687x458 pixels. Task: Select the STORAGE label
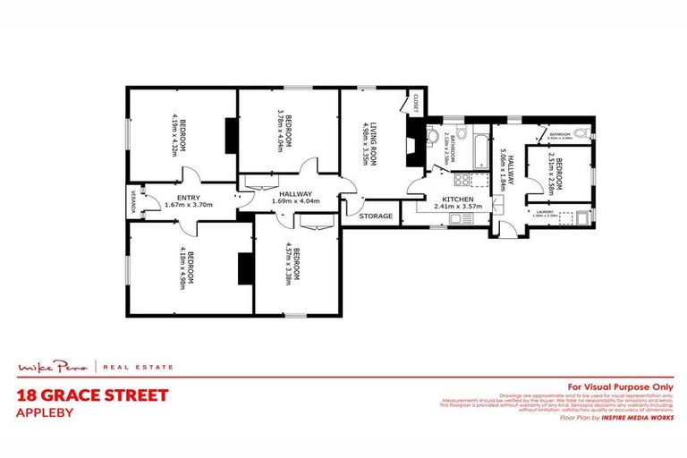[x=376, y=216]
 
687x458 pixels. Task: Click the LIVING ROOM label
[x=365, y=137]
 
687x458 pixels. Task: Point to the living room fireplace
[x=411, y=143]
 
